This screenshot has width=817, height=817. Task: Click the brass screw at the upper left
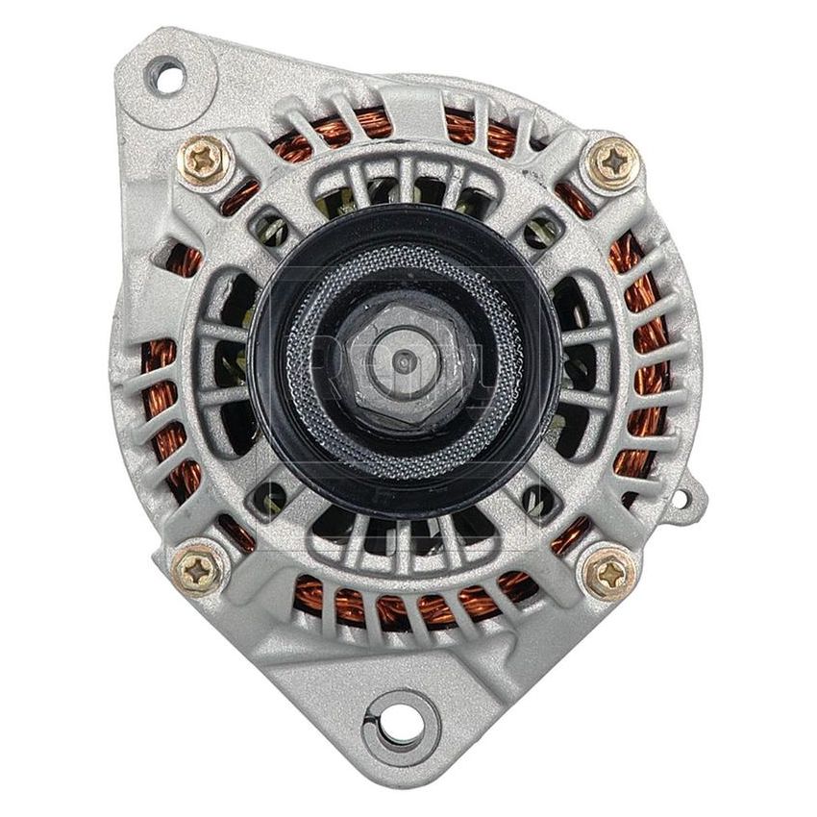pyautogui.click(x=204, y=161)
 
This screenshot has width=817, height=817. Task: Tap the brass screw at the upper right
pyautogui.click(x=612, y=161)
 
